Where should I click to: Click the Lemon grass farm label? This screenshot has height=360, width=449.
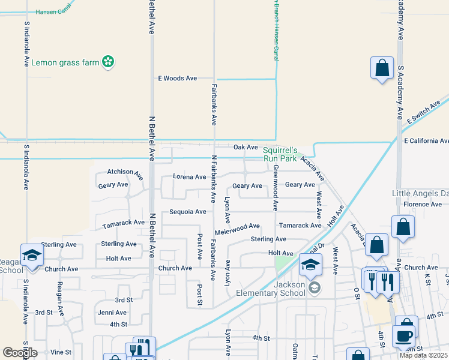[65, 62]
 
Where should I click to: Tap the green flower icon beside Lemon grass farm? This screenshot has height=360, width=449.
[108, 62]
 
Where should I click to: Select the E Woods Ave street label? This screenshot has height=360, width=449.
[177, 79]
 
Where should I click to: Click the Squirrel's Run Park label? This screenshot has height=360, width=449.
[280, 154]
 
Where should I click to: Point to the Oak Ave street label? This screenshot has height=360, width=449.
[246, 147]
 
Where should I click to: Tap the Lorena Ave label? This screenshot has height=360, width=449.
[189, 177]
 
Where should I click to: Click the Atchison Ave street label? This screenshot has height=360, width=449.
[125, 173]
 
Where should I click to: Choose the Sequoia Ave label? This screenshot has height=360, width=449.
[187, 212]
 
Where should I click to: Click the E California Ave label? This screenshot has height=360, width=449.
[426, 141]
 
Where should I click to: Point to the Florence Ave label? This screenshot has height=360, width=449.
[423, 205]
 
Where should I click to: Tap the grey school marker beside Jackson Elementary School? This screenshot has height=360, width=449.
[314, 289]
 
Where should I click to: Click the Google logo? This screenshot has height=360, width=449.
[20, 353]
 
